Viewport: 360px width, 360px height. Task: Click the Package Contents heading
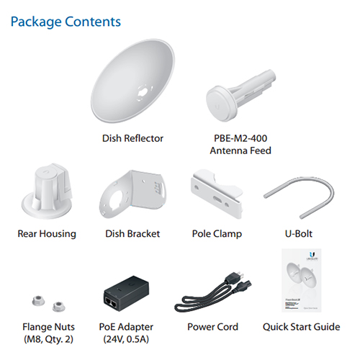66,22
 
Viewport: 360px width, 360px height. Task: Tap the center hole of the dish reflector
143,91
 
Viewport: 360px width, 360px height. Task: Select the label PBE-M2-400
240,138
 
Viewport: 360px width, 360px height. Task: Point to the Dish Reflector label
132,138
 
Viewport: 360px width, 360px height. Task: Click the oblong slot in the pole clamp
217,199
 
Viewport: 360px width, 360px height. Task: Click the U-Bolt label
299,234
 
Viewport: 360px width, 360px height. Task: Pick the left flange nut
38,301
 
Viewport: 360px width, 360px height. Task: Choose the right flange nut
59,307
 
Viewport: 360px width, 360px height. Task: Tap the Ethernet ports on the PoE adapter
111,302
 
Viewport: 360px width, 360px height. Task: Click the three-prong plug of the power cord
235,278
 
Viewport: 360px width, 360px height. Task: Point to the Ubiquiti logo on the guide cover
312,254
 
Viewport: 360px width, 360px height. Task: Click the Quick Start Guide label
302,327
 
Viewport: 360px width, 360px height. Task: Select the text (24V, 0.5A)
126,339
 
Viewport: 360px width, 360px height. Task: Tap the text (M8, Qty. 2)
48,339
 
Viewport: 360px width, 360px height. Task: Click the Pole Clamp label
217,234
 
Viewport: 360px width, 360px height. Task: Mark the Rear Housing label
47,234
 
